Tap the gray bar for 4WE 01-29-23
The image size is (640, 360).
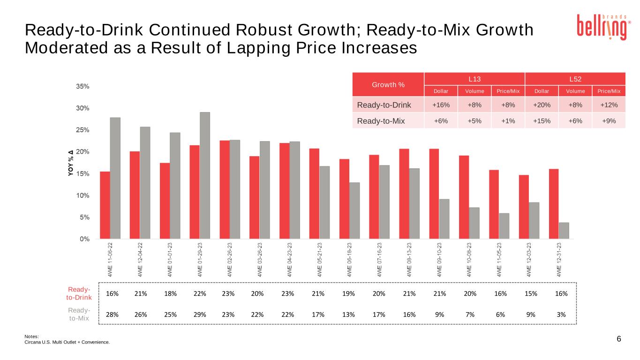tap(205, 175)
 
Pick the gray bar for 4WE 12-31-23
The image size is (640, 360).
tap(564, 231)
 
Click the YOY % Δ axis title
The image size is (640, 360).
tap(70, 163)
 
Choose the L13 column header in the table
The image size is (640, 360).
tap(474, 79)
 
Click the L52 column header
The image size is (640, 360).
tap(575, 79)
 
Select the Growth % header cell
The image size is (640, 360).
tap(388, 85)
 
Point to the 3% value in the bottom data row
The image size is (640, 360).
tap(561, 315)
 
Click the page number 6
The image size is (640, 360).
tap(619, 339)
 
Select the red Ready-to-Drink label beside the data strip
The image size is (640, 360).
tap(79, 293)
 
